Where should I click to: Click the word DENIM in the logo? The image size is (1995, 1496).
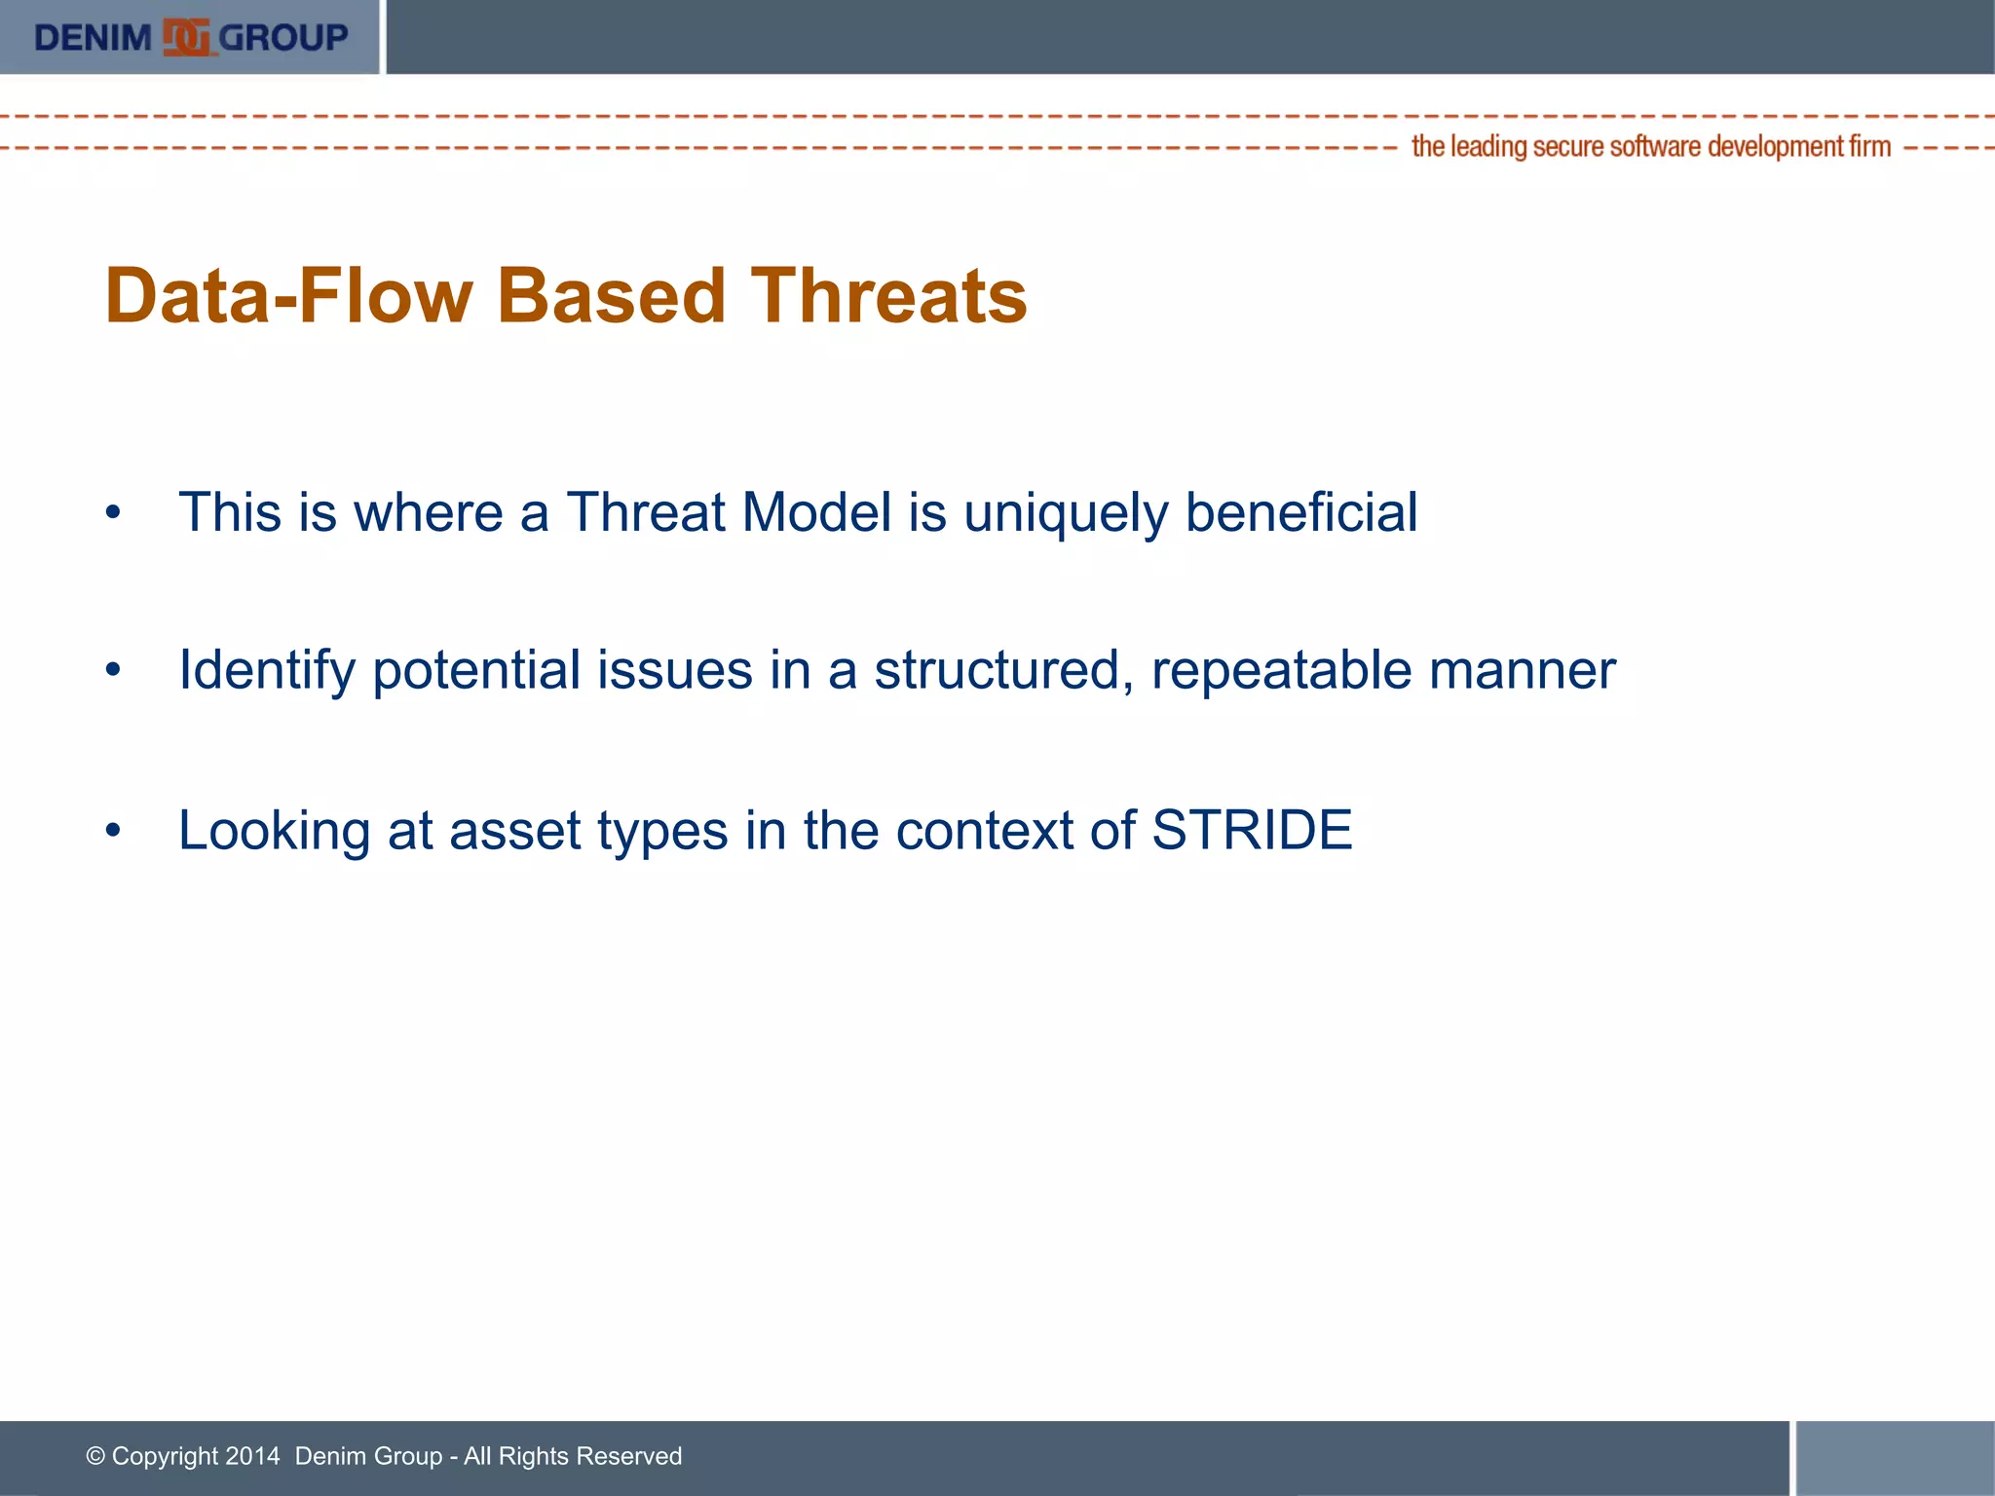click(93, 38)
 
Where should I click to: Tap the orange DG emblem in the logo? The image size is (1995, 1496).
click(186, 38)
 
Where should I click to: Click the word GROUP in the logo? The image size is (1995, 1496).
click(283, 38)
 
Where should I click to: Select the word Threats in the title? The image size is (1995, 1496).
click(888, 296)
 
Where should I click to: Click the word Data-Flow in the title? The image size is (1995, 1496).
click(288, 296)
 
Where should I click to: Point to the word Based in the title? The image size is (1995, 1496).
click(612, 296)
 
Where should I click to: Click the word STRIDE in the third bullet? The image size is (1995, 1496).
click(1252, 830)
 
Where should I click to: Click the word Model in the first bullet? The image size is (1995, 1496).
click(816, 512)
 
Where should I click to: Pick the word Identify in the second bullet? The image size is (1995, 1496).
click(267, 671)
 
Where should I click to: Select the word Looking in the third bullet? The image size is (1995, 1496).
click(274, 832)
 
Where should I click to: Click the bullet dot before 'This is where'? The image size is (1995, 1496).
click(114, 512)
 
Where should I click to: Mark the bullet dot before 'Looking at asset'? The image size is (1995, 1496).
click(114, 830)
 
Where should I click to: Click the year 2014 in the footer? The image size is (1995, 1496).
click(251, 1456)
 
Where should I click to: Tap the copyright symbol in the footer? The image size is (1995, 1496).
click(95, 1456)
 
